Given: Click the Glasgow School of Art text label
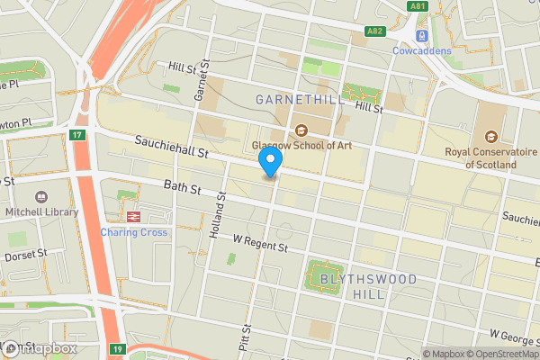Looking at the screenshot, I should click(x=301, y=145).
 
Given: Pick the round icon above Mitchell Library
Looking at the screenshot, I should click(x=40, y=197).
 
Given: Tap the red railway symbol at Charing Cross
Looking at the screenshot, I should click(x=133, y=217).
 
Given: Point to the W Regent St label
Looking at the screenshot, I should click(x=259, y=244).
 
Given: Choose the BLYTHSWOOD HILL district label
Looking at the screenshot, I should click(x=369, y=287).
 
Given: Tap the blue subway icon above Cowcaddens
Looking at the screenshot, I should click(x=421, y=35).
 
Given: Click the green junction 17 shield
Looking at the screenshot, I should click(x=76, y=136).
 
